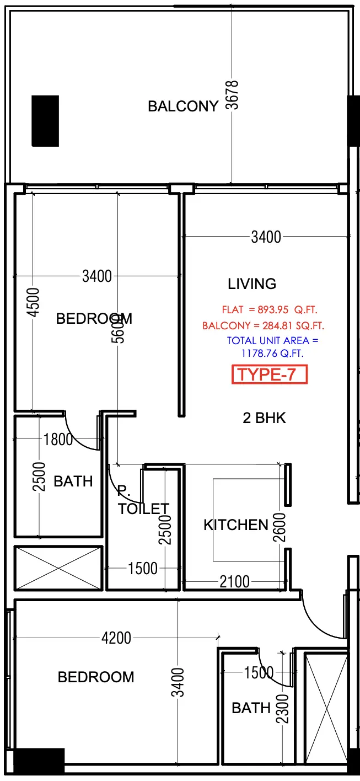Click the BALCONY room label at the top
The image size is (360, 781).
click(183, 106)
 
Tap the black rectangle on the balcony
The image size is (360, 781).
click(45, 121)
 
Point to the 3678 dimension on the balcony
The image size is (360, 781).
click(233, 95)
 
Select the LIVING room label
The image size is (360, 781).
click(252, 284)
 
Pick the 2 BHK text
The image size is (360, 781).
click(265, 418)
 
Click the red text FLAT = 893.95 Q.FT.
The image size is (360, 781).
click(269, 309)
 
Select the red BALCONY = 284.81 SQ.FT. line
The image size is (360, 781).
click(263, 326)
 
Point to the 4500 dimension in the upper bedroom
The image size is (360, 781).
click(34, 302)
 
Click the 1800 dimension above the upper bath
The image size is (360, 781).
click(58, 440)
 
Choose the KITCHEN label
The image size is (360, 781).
click(236, 525)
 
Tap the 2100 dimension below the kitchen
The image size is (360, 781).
click(234, 581)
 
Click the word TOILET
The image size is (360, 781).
click(143, 509)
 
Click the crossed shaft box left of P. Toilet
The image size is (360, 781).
click(58, 568)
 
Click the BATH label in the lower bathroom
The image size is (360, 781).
click(251, 708)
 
